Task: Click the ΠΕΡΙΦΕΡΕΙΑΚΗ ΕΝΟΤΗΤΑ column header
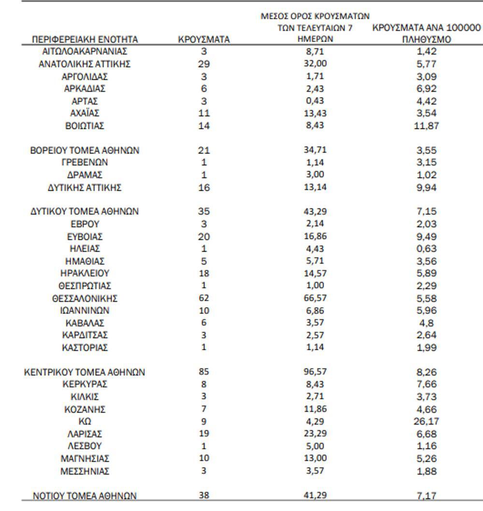tap(85, 40)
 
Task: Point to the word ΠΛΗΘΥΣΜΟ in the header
tap(426, 40)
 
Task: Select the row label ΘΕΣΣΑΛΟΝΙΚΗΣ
tap(85, 298)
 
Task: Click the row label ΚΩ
tap(85, 421)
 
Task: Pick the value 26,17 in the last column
tap(426, 421)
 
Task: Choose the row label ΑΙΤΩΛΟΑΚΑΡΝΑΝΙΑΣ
tap(85, 51)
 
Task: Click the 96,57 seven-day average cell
tap(314, 372)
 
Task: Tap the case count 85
tap(204, 372)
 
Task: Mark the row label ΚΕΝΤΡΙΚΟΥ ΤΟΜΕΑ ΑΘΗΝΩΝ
tap(85, 372)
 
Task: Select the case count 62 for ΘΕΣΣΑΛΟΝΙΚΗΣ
tap(204, 298)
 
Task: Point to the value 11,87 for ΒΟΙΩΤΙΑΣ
tap(426, 126)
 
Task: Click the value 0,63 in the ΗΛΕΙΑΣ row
tap(426, 249)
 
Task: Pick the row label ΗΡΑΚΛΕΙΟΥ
tap(85, 273)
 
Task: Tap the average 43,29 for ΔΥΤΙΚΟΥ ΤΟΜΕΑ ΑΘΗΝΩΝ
tap(314, 211)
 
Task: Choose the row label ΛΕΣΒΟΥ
tap(85, 446)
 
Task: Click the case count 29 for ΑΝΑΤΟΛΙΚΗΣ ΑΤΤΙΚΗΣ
tap(204, 64)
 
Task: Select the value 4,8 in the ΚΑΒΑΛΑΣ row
tap(426, 323)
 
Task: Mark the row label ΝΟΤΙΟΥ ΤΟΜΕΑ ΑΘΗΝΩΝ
tap(85, 496)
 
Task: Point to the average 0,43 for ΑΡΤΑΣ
tap(314, 101)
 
